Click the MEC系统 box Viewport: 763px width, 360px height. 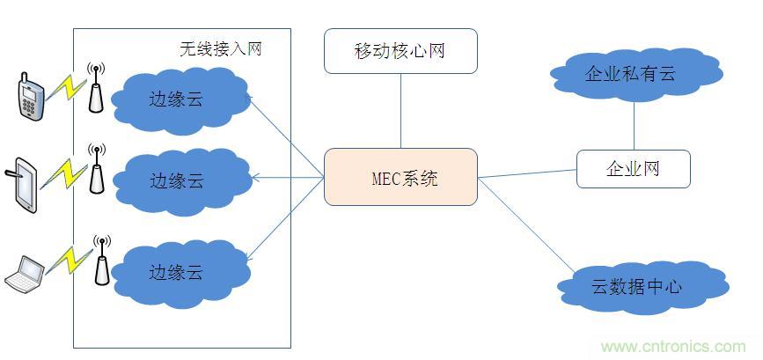click(400, 177)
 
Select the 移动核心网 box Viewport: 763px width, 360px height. click(400, 50)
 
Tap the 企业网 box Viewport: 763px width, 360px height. click(633, 168)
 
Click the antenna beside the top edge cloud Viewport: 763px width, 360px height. click(96, 86)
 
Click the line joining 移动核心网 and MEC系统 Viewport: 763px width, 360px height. click(400, 110)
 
